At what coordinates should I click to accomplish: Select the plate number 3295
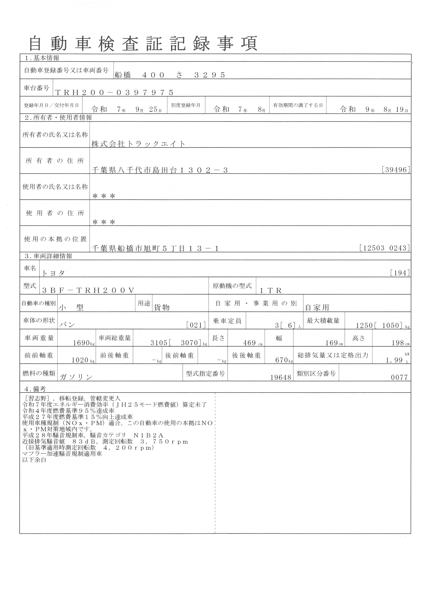pos(210,75)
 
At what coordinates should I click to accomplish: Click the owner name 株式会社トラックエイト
pos(138,144)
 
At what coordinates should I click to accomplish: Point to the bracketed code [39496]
pos(396,170)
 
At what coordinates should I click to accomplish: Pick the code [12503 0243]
pos(385,248)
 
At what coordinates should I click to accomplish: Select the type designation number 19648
pos(281,377)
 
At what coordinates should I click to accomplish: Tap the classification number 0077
pos(399,377)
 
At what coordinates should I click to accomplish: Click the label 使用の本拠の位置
pos(55,239)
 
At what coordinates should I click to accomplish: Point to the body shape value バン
pos(68,325)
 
